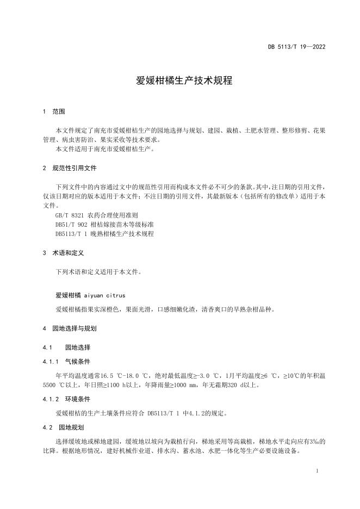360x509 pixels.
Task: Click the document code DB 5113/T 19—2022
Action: pos(296,47)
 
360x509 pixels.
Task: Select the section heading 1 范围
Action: pos(54,111)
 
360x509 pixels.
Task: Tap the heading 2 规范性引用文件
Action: pos(70,168)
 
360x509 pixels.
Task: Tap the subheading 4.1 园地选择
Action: pos(66,347)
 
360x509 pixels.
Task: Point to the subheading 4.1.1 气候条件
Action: pos(66,361)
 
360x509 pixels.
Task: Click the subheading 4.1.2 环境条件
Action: pos(66,399)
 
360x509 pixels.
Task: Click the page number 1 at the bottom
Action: pos(316,471)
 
